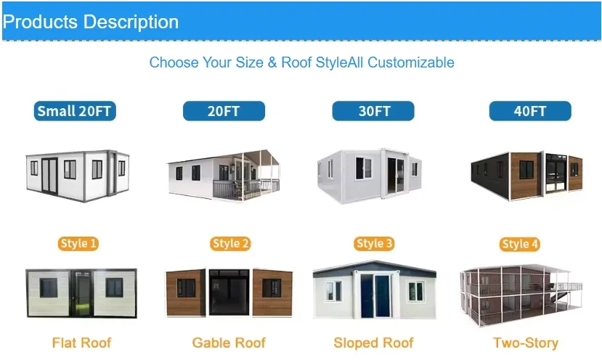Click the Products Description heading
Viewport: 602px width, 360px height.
[x=91, y=22]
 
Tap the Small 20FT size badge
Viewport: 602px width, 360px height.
[x=76, y=111]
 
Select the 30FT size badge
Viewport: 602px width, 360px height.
[x=373, y=111]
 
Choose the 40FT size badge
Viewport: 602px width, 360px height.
[x=530, y=111]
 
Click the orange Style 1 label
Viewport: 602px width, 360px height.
[x=78, y=244]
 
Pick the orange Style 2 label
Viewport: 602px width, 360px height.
[x=230, y=244]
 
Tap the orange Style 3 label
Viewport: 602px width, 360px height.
[x=375, y=244]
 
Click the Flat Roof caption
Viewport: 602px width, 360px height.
[x=81, y=343]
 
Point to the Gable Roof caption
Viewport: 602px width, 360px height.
[x=229, y=343]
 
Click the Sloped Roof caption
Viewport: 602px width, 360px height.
[x=373, y=343]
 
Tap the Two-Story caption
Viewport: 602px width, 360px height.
[x=526, y=343]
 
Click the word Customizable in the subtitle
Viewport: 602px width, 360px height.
[x=411, y=62]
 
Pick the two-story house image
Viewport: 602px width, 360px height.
[x=523, y=294]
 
